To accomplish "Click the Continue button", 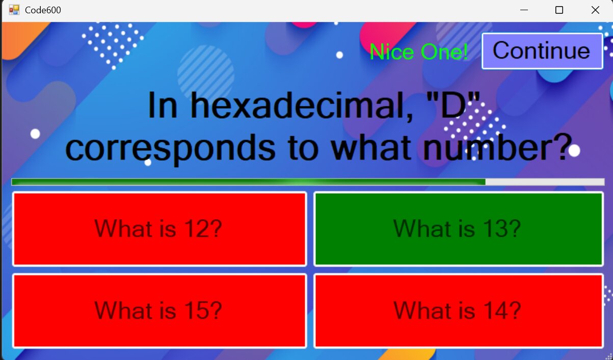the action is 542,51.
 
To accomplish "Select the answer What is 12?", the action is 159,229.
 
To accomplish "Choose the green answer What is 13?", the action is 459,229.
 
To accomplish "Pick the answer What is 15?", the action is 159,311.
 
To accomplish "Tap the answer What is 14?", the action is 459,311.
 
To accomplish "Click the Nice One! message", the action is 419,52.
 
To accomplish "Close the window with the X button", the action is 595,10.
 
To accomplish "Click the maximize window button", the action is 559,10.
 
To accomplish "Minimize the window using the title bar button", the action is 524,10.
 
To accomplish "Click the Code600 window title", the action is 43,10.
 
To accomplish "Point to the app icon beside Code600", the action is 14,10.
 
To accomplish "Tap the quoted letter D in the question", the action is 453,106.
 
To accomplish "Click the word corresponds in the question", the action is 170,148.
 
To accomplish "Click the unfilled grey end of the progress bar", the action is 545,182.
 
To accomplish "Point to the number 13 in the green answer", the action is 492,228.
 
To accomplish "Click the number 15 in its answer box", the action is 193,310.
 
